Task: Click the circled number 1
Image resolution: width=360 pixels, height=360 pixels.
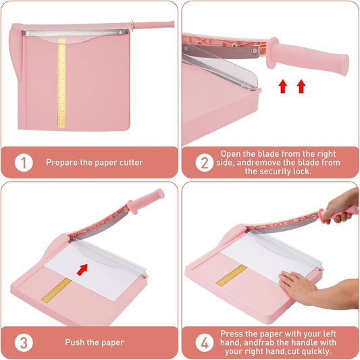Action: [24, 163]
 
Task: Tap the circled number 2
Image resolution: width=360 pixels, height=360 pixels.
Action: [205, 163]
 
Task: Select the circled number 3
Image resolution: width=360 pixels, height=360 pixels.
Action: [24, 343]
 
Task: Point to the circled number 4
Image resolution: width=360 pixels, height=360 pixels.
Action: [205, 343]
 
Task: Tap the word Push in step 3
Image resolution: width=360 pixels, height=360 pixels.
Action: [72, 342]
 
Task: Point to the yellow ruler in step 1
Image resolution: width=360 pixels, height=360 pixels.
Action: [61, 83]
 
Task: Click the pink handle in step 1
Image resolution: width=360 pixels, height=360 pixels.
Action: [153, 25]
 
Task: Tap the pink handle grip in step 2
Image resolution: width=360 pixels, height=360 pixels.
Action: [307, 56]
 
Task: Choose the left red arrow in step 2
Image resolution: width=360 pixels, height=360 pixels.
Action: [282, 86]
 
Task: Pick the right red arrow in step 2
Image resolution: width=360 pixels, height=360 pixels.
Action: [301, 86]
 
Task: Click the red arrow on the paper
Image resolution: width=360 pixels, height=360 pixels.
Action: [82, 269]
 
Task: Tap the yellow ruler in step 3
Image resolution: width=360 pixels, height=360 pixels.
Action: [57, 290]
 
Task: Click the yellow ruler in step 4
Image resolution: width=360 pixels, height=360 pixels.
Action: [232, 276]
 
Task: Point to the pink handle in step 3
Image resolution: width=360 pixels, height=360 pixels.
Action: [146, 201]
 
